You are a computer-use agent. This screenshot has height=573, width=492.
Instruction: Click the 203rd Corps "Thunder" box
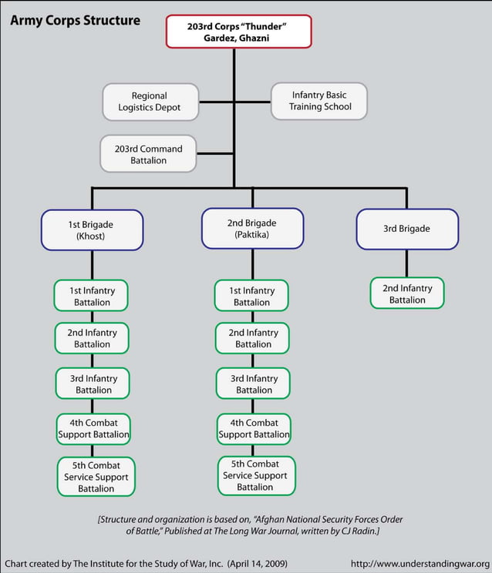(238, 32)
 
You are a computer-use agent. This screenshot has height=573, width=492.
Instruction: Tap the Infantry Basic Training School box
(318, 101)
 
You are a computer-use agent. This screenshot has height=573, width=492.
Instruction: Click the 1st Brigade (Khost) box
(92, 230)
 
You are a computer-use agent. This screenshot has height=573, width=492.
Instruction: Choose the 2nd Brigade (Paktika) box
(252, 228)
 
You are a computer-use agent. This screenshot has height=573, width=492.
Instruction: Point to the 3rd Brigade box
(406, 229)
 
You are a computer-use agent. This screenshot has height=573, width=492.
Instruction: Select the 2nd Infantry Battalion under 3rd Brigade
(407, 293)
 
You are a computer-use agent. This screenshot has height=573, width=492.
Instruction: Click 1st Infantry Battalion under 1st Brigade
(92, 296)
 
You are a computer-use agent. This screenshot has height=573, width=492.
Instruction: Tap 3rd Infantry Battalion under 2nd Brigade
(254, 384)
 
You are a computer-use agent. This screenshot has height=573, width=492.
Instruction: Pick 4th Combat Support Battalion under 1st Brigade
(93, 428)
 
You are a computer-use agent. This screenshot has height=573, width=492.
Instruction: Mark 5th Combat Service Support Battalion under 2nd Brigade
(255, 475)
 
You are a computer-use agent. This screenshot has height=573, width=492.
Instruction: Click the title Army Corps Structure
(75, 20)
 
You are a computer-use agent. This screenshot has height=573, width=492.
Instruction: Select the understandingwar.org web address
(420, 564)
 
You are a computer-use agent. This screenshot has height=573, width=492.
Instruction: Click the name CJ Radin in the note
(358, 531)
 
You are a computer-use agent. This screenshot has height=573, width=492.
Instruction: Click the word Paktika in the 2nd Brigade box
(252, 235)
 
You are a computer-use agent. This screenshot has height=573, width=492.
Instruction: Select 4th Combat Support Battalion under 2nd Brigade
(254, 428)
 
